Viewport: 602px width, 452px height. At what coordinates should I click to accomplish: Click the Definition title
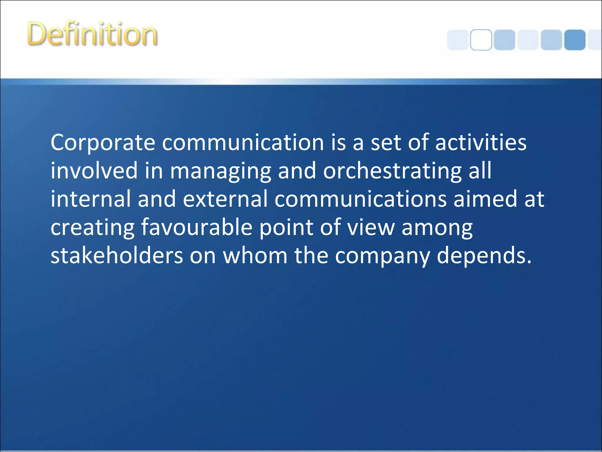[x=92, y=34]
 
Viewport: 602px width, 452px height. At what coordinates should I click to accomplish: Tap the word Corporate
[x=103, y=143]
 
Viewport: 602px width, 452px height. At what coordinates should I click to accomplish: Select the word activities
[x=481, y=143]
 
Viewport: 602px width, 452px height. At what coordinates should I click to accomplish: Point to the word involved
[x=94, y=171]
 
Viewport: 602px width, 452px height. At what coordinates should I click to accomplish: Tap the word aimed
[x=485, y=199]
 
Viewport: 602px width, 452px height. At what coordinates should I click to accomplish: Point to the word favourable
[x=197, y=227]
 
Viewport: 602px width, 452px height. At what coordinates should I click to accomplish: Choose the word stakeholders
[x=117, y=255]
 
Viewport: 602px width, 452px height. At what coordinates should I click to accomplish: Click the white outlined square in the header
[x=481, y=40]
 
